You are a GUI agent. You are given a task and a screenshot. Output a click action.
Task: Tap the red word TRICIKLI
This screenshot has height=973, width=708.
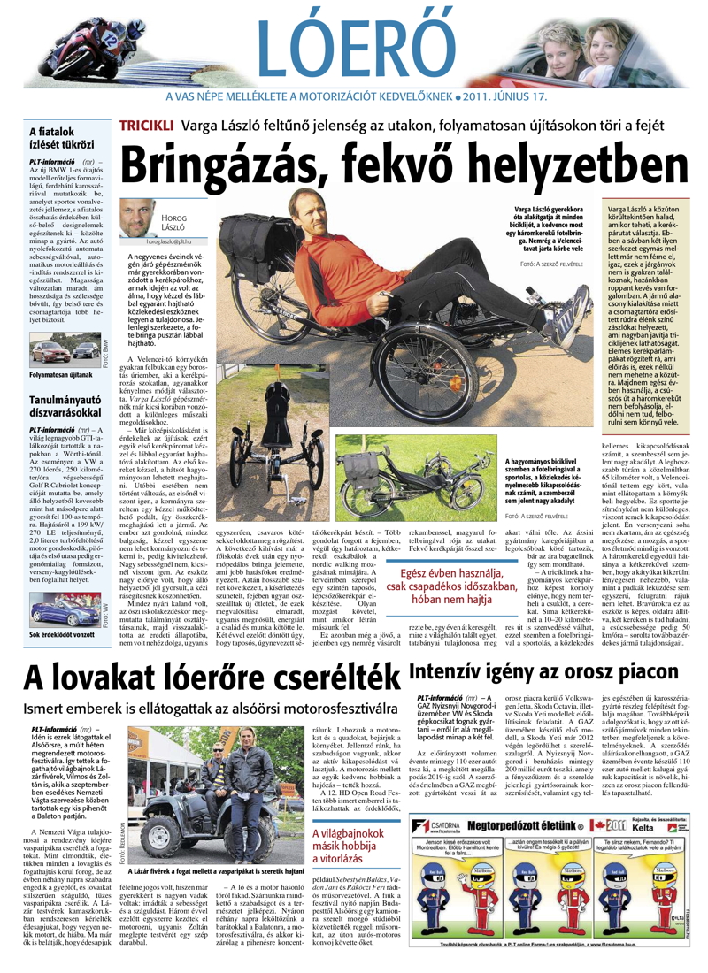tap(147, 125)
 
